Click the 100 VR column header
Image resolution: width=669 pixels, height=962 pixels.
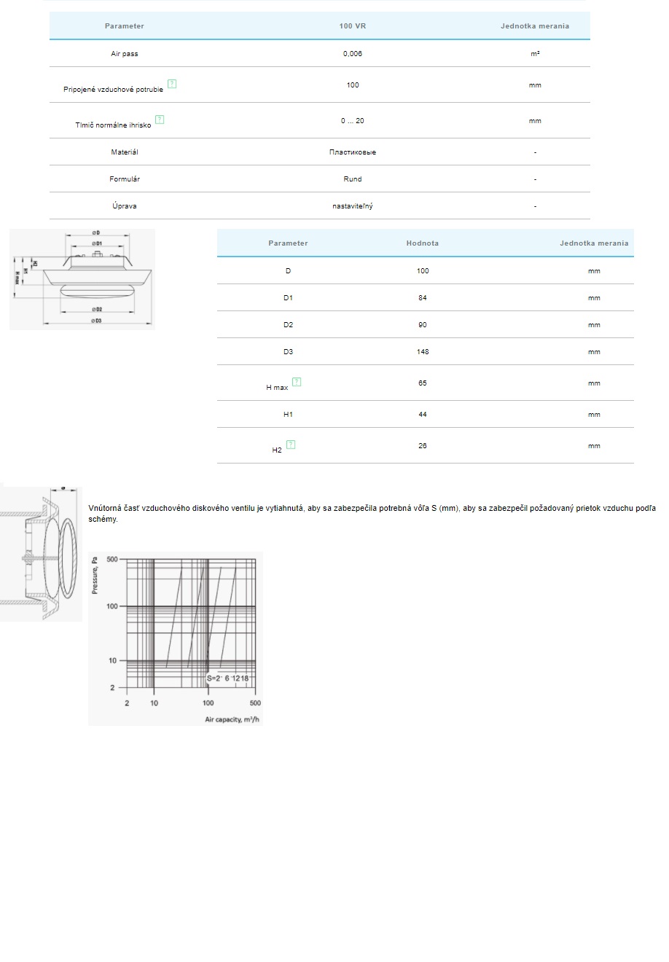click(x=353, y=26)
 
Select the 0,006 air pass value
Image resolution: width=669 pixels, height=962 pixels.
click(x=353, y=54)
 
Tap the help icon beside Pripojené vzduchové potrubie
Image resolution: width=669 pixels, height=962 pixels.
click(x=172, y=84)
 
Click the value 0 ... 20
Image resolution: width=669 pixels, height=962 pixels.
click(x=353, y=121)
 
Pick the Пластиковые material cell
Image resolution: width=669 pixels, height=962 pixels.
click(x=353, y=152)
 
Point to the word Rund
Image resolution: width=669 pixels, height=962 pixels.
click(x=353, y=179)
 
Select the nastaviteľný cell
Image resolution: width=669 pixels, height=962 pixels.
click(x=353, y=206)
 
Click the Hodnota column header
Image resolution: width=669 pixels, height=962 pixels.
click(x=423, y=243)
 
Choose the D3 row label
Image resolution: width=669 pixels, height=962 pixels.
click(x=288, y=352)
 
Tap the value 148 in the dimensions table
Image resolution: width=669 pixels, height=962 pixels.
click(x=423, y=352)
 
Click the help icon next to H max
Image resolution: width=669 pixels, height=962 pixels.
click(x=297, y=382)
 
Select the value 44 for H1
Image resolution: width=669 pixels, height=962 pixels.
click(x=423, y=415)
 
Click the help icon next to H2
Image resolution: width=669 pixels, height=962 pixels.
click(x=292, y=445)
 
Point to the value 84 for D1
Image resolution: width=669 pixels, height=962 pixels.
click(x=423, y=298)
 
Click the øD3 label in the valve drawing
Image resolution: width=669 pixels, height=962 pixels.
click(x=96, y=321)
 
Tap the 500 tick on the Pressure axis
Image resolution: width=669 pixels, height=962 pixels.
click(x=112, y=560)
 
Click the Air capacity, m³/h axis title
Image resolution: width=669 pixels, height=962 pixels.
click(x=232, y=719)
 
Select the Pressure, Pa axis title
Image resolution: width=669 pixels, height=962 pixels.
click(x=95, y=576)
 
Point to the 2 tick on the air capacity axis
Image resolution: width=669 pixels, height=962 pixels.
click(x=128, y=703)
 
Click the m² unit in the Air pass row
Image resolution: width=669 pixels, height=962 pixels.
click(x=535, y=54)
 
